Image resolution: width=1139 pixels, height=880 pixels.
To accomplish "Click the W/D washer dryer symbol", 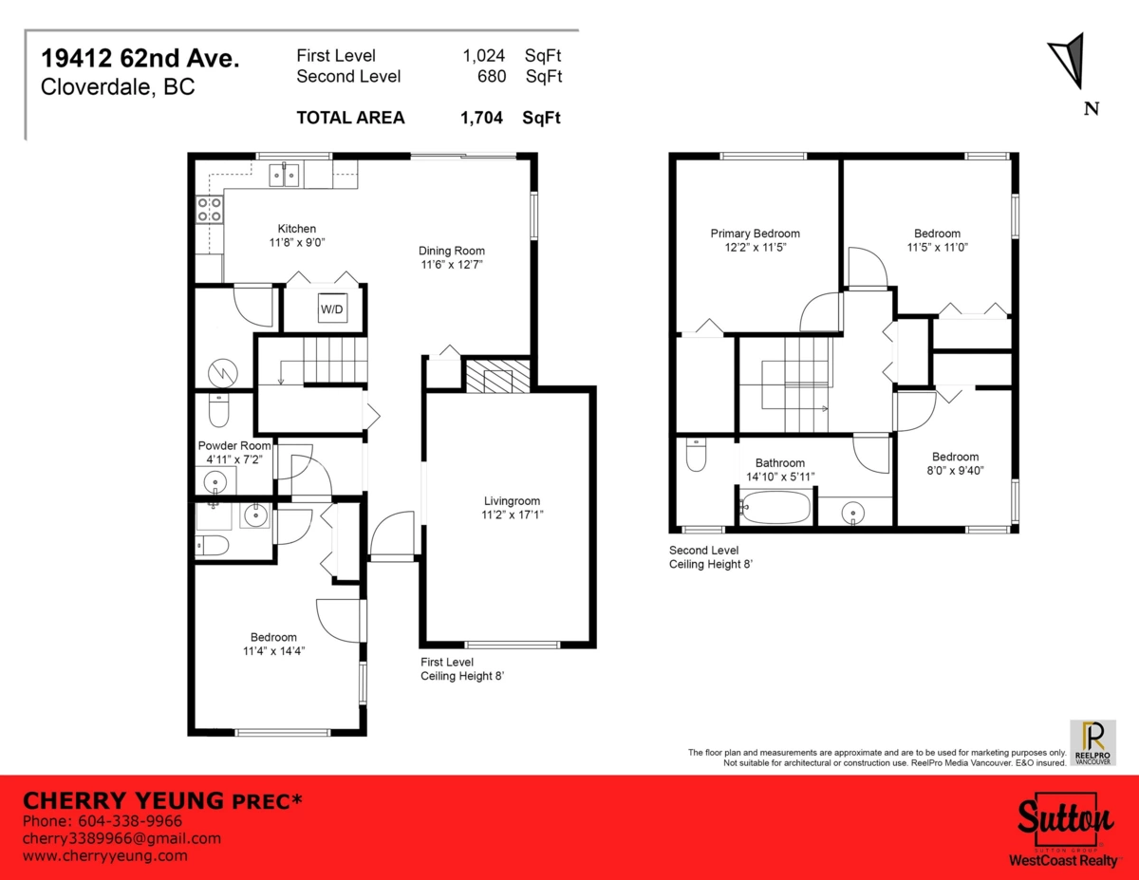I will (331, 309).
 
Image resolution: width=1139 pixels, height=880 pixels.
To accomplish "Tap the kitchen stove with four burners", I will (209, 209).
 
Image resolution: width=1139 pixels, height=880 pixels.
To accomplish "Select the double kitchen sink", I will (284, 174).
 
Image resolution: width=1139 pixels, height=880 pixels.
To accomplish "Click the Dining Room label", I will (452, 251).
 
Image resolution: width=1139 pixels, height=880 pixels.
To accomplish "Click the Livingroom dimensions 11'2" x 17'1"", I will (513, 515).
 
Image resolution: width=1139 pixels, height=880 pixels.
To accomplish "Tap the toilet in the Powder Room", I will (218, 411).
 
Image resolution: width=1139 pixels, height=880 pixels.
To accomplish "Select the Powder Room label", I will (234, 445).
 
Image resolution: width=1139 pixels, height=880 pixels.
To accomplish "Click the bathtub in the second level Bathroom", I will (775, 507).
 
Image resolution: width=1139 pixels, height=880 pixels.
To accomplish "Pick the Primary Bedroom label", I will (755, 234).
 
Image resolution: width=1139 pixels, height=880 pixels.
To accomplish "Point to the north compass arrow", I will (1070, 59).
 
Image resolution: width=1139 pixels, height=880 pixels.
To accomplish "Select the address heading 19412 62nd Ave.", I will (140, 58).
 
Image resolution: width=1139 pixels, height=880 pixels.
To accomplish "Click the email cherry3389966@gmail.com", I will (121, 838).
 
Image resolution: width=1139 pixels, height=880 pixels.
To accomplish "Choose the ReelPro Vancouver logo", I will (1093, 741).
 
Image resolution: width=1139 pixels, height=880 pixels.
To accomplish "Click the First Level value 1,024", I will (483, 56).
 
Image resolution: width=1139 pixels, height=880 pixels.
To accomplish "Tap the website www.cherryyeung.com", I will (104, 855).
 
